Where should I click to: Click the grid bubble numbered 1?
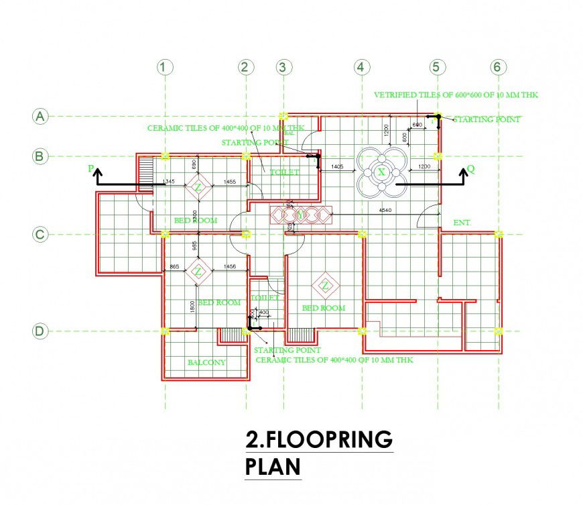pyautogui.click(x=165, y=67)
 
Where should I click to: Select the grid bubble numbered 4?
pyautogui.click(x=362, y=67)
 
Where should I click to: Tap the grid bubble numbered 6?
pyautogui.click(x=497, y=67)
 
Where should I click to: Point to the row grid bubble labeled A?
pyautogui.click(x=40, y=117)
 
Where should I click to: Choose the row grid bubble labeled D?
pyautogui.click(x=40, y=331)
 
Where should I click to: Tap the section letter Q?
pyautogui.click(x=471, y=170)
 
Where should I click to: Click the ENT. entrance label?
pyautogui.click(x=463, y=222)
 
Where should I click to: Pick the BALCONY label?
pyautogui.click(x=206, y=362)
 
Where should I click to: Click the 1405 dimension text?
pyautogui.click(x=337, y=166)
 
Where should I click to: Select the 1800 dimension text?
pyautogui.click(x=192, y=305)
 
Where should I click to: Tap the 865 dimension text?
pyautogui.click(x=174, y=267)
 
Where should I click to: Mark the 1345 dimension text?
pyautogui.click(x=168, y=182)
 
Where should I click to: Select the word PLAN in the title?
pyautogui.click(x=273, y=467)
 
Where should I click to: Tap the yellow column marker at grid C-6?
pyautogui.click(x=498, y=234)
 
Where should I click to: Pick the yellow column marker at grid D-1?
pyautogui.click(x=166, y=331)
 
